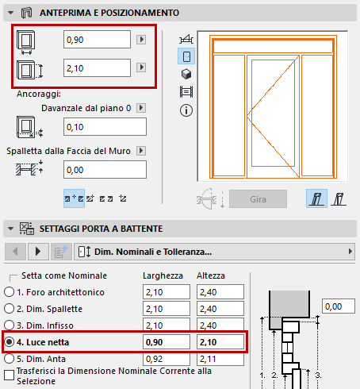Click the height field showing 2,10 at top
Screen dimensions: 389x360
click(97, 69)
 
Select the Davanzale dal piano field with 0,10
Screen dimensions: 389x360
click(105, 127)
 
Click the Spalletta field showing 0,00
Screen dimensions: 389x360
click(105, 169)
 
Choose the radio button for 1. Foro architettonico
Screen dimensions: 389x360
click(10, 292)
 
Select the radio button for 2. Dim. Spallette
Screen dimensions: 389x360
click(10, 310)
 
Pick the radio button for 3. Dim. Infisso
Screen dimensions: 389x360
click(10, 326)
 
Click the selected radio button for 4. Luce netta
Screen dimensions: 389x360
click(10, 343)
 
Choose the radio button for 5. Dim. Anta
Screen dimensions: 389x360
click(10, 360)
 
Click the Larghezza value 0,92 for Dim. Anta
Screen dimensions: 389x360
click(164, 360)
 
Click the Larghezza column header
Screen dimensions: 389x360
click(162, 275)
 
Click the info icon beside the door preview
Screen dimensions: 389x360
click(187, 110)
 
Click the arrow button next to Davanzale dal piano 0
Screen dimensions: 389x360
click(140, 107)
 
